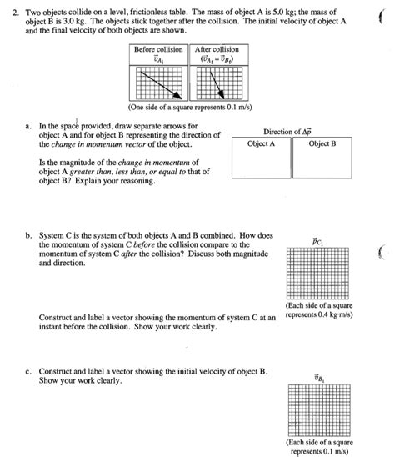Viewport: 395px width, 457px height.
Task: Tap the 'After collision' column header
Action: pos(217,49)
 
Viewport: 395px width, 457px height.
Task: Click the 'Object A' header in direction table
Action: pos(261,143)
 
